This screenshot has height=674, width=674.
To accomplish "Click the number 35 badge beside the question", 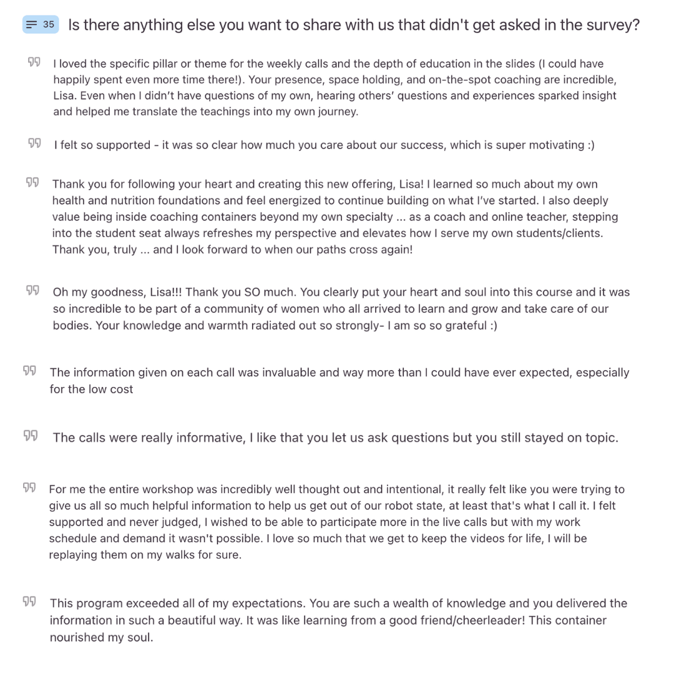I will click(41, 25).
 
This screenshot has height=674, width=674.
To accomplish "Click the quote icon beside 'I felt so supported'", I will click(34, 144).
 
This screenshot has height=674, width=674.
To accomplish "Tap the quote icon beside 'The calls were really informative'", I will click(31, 436).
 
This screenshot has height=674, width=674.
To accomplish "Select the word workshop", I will click(170, 489).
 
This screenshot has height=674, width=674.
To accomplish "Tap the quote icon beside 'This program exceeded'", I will click(29, 602).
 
